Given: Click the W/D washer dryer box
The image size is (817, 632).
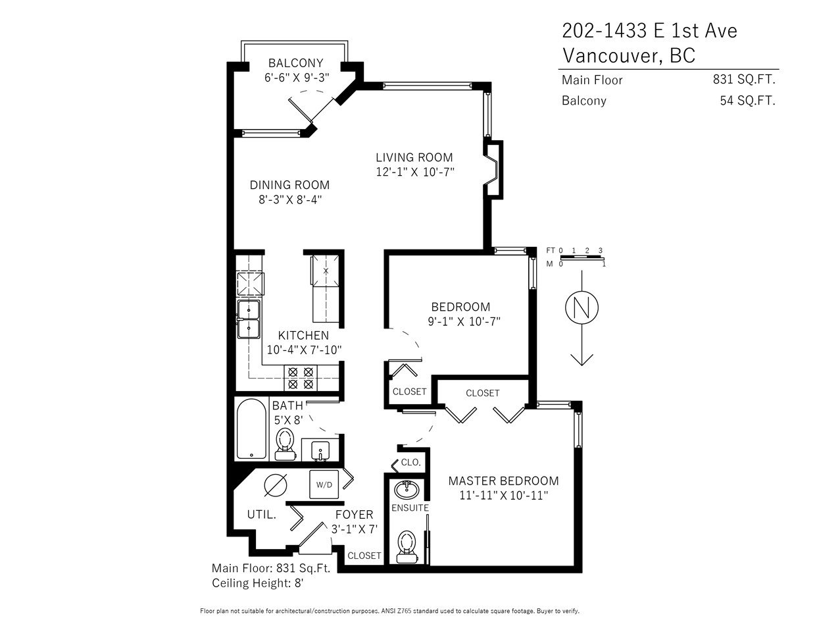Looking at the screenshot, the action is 324,484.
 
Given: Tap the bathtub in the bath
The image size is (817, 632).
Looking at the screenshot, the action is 251,429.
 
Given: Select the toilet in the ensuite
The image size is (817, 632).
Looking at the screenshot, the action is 407,546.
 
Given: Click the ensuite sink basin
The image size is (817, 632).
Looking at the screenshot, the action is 407,490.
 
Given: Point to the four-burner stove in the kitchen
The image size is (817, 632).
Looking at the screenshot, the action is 301,378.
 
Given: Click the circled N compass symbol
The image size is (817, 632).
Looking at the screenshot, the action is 582,307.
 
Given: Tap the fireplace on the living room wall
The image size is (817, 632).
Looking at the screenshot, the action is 493,170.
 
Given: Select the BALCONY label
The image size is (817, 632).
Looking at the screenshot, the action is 295,63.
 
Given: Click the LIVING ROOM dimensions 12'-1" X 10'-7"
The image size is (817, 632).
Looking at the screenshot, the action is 415,172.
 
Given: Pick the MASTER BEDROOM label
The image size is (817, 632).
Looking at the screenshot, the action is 503,481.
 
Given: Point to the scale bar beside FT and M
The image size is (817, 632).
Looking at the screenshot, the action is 582,257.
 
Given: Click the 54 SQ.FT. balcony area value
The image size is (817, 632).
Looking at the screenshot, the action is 747,101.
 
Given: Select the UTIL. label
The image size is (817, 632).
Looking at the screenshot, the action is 262,515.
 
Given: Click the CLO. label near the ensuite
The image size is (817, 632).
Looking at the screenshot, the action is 410,462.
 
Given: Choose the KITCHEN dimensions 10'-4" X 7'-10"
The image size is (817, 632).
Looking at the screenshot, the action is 304,350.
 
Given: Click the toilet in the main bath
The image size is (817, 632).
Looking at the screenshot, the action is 285,444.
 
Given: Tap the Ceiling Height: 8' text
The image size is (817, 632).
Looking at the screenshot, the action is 258,583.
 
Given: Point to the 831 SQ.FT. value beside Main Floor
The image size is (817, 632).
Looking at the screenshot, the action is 744,80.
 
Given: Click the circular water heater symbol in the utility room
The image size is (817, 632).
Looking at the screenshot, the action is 276,485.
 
